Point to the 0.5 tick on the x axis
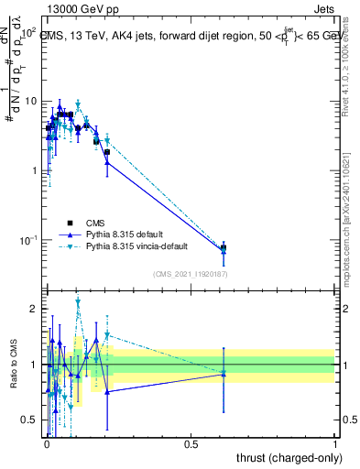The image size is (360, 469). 191,442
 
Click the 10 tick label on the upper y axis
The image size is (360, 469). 31,101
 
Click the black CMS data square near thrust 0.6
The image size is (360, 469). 224,247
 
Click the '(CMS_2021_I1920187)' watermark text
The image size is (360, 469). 191,274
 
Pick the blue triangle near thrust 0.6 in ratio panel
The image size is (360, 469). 224,374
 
